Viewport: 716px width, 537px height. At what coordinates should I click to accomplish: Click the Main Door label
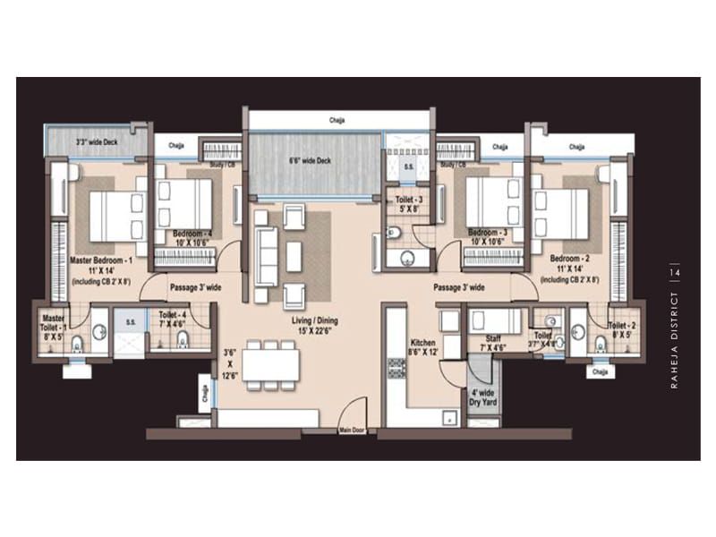pyautogui.click(x=352, y=430)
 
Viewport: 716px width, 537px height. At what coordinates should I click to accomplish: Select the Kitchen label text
pyautogui.click(x=422, y=347)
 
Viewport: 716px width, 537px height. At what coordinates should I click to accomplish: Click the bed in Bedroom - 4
pyautogui.click(x=184, y=204)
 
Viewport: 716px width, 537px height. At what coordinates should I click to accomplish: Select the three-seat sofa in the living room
pyautogui.click(x=265, y=251)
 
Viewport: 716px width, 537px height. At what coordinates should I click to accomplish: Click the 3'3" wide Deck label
pyautogui.click(x=97, y=141)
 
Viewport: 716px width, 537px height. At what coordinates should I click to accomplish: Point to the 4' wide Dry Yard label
pyautogui.click(x=484, y=396)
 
